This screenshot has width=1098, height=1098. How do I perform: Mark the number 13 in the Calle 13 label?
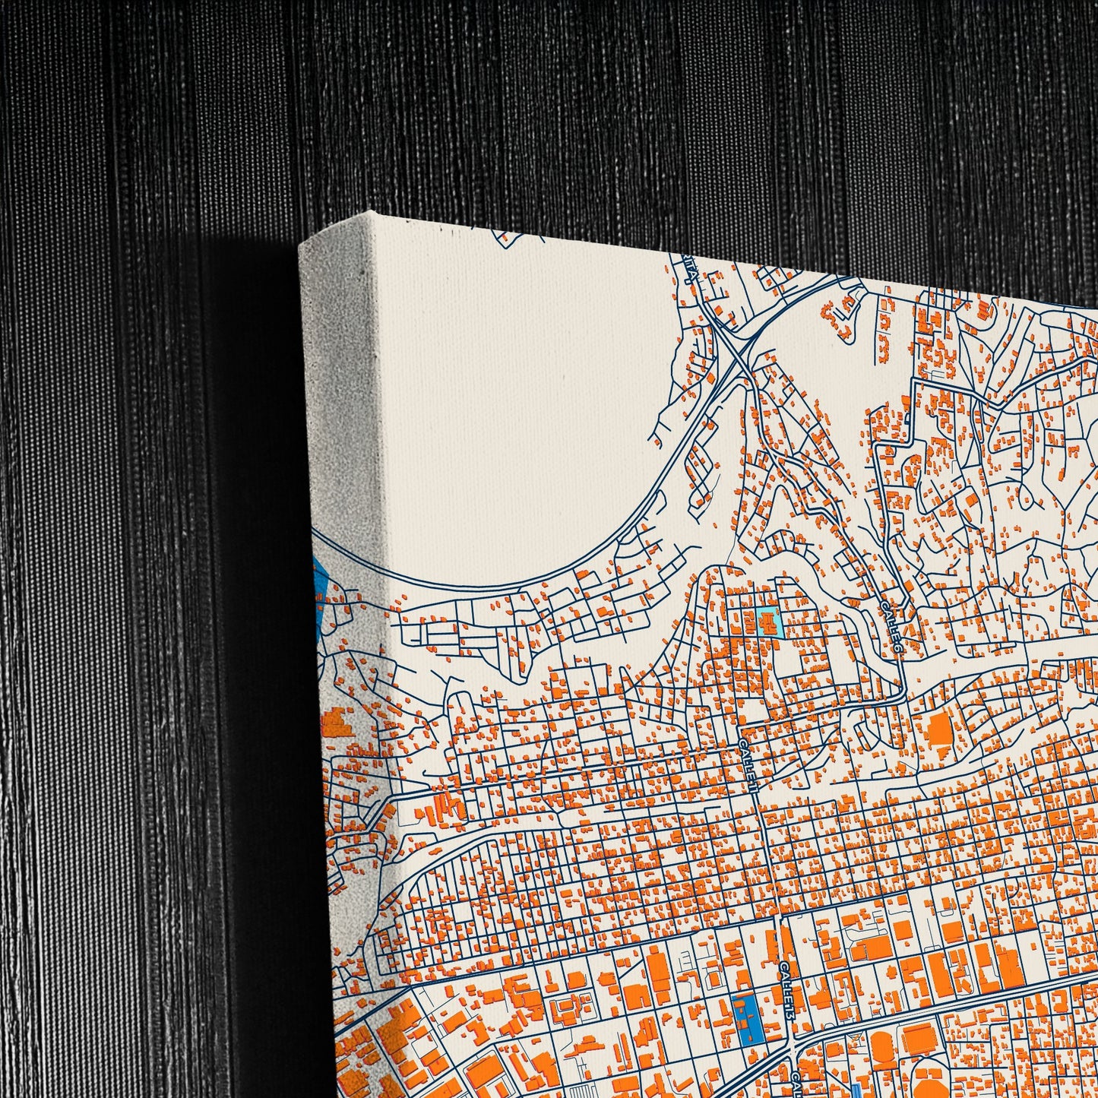coord(790,1013)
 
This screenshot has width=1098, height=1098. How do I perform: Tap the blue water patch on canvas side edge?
coord(319,581)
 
